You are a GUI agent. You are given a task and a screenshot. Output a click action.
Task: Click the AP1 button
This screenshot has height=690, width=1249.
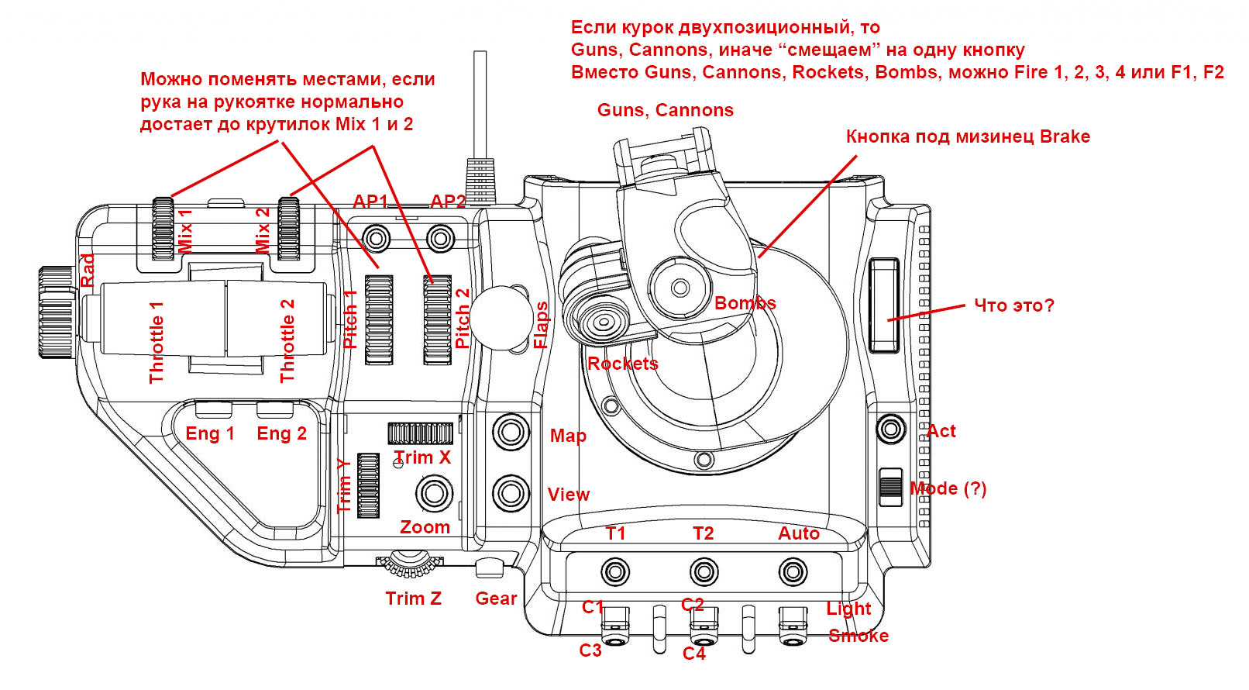(x=377, y=236)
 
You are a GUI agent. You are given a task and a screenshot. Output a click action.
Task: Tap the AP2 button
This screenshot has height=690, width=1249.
(x=440, y=236)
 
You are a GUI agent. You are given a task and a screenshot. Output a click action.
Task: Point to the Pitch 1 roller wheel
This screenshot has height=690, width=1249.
(x=379, y=319)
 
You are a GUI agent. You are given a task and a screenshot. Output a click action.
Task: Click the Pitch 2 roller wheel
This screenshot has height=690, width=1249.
(x=437, y=319)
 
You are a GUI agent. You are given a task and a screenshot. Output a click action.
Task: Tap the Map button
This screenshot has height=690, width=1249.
(x=511, y=432)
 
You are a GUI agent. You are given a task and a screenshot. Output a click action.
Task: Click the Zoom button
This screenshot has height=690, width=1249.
(x=434, y=493)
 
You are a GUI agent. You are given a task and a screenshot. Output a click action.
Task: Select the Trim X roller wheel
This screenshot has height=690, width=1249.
(x=420, y=433)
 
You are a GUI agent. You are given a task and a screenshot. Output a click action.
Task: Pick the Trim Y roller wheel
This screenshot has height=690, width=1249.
(x=368, y=485)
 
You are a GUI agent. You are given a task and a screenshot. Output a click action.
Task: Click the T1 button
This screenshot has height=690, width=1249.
(x=615, y=573)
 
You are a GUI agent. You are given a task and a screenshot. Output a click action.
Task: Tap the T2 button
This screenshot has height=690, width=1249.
(x=704, y=573)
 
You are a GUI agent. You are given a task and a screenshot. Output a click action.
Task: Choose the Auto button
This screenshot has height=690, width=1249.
(x=793, y=573)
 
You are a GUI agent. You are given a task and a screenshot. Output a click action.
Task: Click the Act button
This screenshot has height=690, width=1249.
(x=890, y=429)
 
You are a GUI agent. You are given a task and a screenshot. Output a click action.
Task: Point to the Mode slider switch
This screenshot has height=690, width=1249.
(x=891, y=488)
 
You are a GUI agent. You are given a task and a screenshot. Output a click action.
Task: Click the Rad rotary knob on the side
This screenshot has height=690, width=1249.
(x=57, y=312)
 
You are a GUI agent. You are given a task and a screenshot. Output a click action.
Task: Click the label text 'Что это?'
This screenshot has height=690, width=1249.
(x=1013, y=305)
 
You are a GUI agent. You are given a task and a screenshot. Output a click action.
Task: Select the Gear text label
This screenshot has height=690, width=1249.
(x=496, y=599)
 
